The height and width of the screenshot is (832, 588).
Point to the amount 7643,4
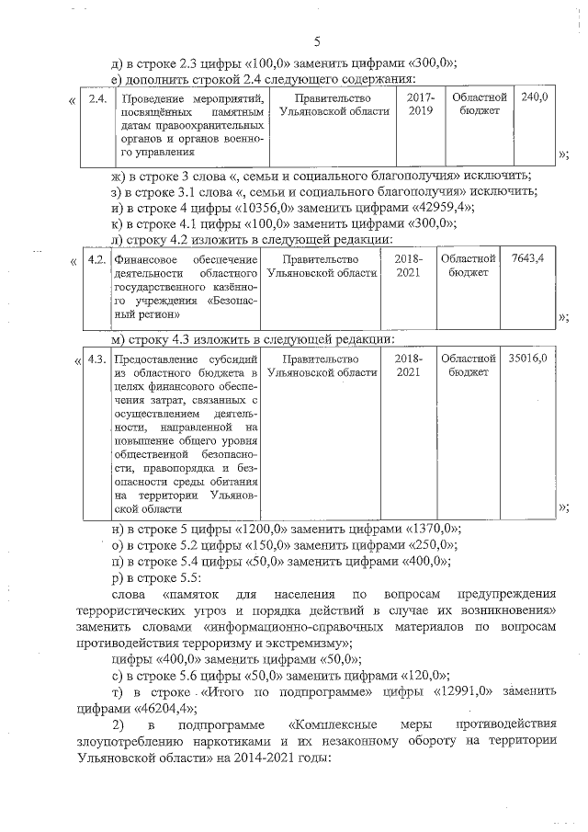tap(527, 259)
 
